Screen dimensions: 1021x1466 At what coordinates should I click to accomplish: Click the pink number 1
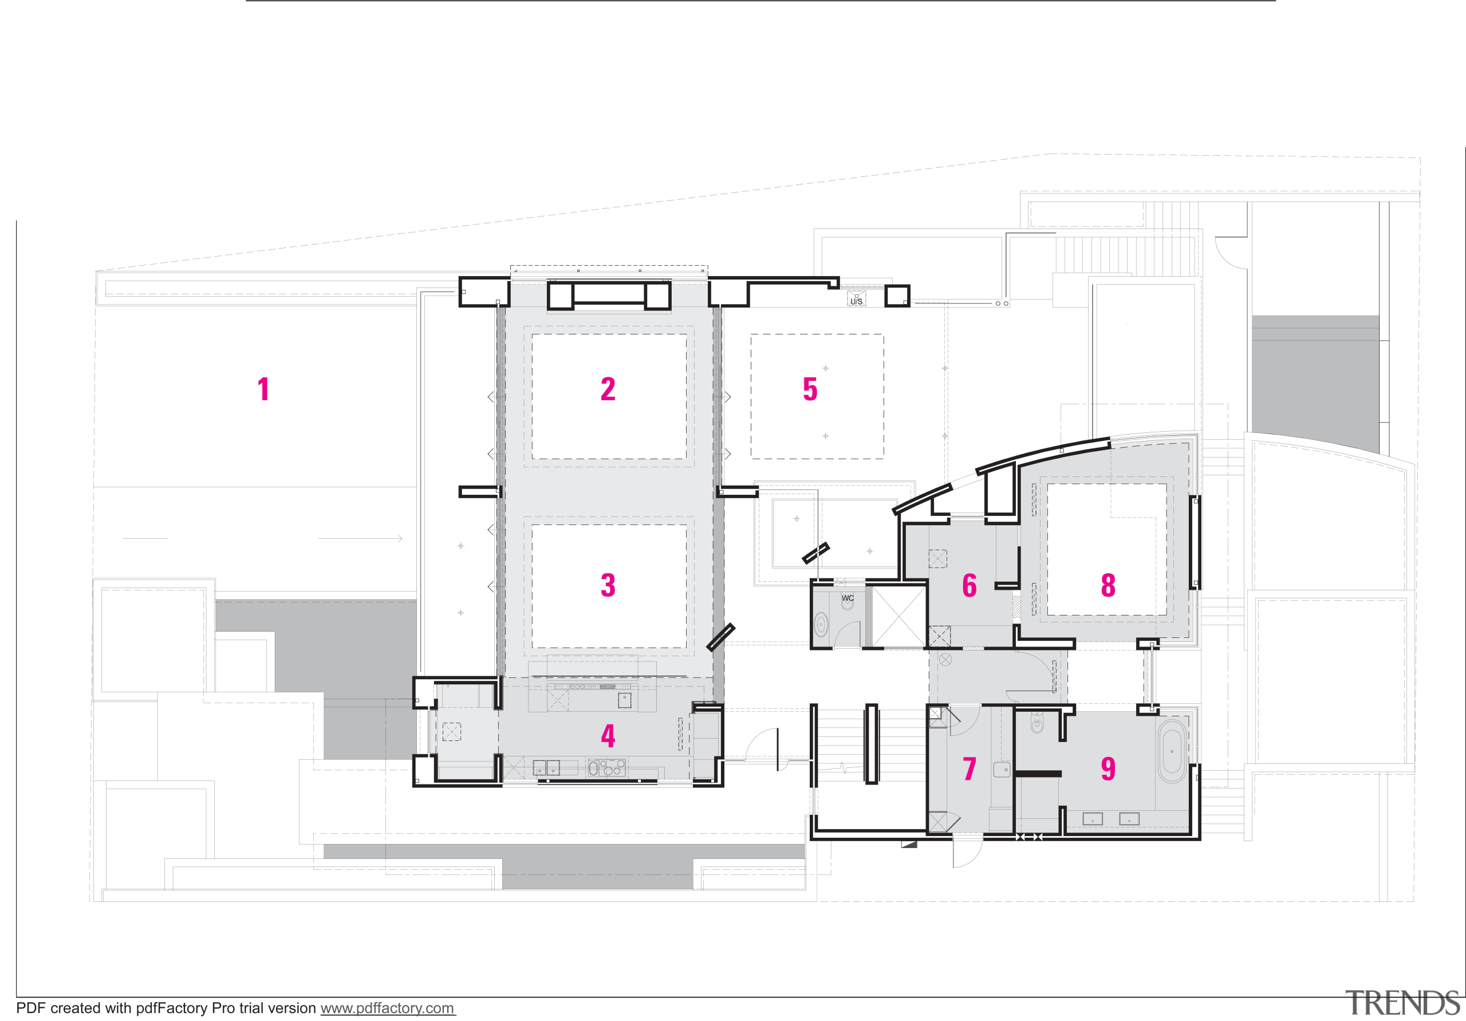pos(263,389)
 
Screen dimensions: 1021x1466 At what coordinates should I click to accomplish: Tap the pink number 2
pos(608,389)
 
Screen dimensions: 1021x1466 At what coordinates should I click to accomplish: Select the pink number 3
pos(608,585)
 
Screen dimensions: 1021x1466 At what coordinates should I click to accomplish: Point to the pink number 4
pos(608,736)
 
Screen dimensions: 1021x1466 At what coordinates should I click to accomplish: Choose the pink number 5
pos(810,389)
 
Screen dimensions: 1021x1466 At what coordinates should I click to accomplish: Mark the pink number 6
pos(970,585)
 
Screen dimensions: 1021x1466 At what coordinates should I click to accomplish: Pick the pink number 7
pos(970,768)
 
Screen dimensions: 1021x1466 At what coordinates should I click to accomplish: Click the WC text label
pos(848,598)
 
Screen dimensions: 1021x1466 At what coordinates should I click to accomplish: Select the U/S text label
pos(856,301)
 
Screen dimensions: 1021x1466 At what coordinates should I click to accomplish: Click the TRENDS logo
pos(1402,1003)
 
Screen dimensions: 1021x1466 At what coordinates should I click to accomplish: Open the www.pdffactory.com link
pos(387,1008)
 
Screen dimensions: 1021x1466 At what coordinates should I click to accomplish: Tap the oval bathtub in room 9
pos(1172,751)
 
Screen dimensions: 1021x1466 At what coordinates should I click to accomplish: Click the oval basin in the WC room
pos(821,625)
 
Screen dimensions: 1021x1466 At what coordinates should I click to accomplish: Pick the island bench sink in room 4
pos(624,701)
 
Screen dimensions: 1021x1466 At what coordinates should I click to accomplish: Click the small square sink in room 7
pos(1002,770)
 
